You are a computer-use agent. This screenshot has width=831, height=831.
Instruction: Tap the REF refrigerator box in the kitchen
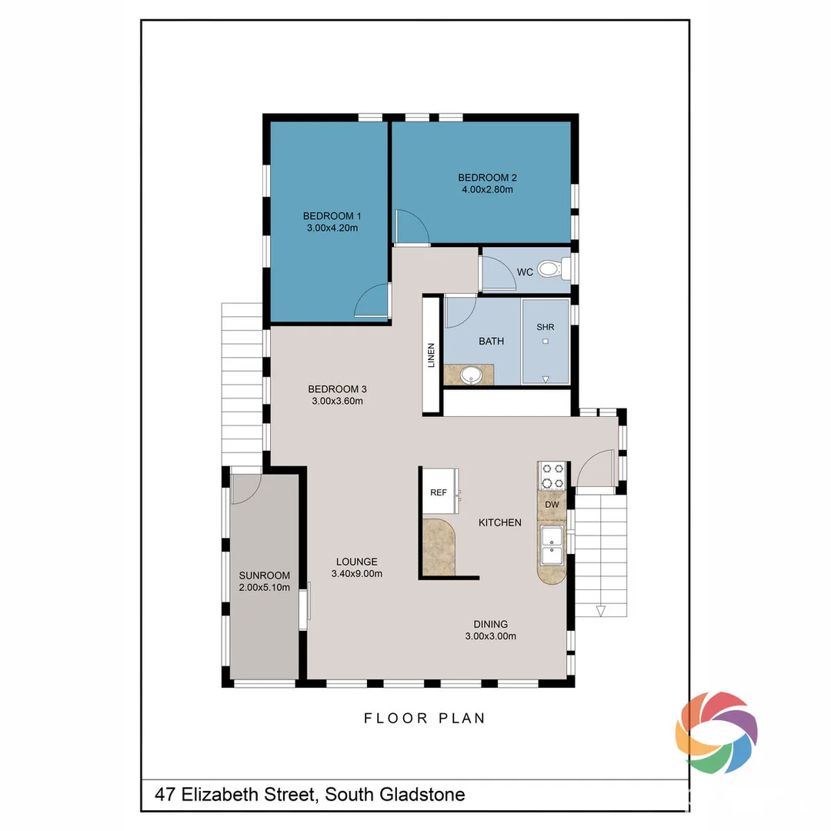tap(439, 492)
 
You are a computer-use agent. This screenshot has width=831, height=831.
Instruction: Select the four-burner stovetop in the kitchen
tap(552, 475)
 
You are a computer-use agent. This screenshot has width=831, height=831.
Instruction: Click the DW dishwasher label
tap(552, 504)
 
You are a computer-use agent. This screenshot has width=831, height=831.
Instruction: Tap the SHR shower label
tap(545, 327)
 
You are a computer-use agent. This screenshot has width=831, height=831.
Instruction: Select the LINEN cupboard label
tap(431, 355)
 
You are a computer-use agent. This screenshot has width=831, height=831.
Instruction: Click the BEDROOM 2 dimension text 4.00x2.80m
tap(482, 189)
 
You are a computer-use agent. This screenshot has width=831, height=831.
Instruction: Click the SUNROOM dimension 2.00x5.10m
tap(264, 588)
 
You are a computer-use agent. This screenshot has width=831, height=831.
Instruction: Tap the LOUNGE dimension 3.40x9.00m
tap(356, 573)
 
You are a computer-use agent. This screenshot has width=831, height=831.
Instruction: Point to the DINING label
tap(490, 624)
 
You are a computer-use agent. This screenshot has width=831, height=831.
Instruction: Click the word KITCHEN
tap(500, 522)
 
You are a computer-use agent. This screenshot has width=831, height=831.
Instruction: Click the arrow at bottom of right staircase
tap(601, 612)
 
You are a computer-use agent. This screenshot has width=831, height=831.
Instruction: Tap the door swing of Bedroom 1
tap(372, 301)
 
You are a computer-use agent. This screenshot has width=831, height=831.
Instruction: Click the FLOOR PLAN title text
tap(425, 718)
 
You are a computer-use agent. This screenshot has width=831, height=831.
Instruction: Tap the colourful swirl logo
tap(716, 732)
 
